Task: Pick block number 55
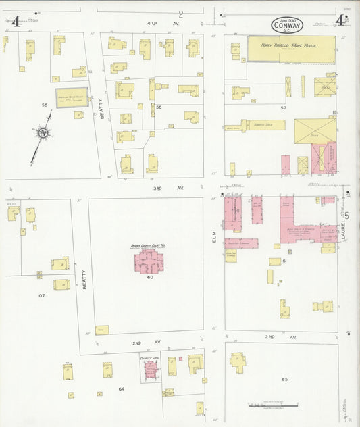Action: pyautogui.click(x=45, y=105)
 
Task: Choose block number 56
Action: pyautogui.click(x=159, y=107)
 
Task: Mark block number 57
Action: pyautogui.click(x=284, y=107)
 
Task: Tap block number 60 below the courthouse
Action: pyautogui.click(x=150, y=277)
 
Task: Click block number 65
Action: pyautogui.click(x=284, y=380)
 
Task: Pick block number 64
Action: pyautogui.click(x=122, y=388)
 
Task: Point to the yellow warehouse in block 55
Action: pyautogui.click(x=71, y=97)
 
